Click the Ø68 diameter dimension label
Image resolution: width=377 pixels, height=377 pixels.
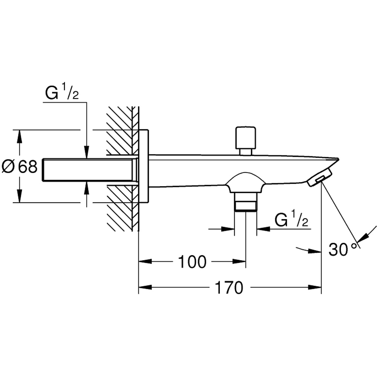pyautogui.click(x=20, y=166)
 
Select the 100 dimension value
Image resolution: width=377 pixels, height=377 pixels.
pyautogui.click(x=192, y=262)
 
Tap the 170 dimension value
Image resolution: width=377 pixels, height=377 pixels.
pyautogui.click(x=229, y=288)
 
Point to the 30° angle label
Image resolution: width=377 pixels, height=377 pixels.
pyautogui.click(x=342, y=249)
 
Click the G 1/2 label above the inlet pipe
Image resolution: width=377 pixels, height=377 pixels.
pyautogui.click(x=61, y=93)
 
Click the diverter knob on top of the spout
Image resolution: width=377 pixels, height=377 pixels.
pyautogui.click(x=245, y=138)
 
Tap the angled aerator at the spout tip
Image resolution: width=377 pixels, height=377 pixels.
pyautogui.click(x=320, y=177)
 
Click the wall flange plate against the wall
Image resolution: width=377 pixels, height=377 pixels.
pyautogui.click(x=144, y=166)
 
